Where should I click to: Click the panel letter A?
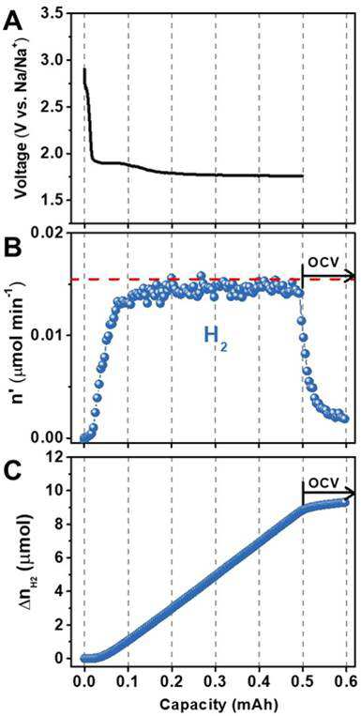point(15,21)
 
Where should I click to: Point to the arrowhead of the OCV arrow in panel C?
point(351,494)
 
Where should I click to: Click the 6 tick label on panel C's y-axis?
point(56,557)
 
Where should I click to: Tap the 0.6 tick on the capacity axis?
point(346,686)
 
